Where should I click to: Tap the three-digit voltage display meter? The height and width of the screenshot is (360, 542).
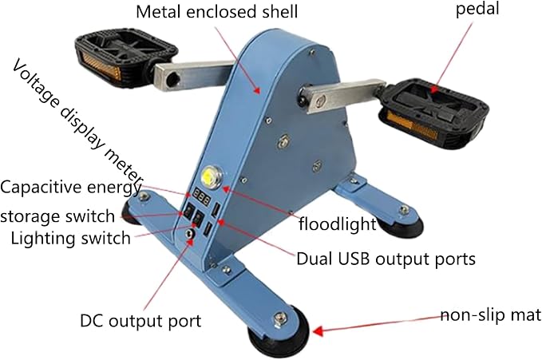tap(201, 197)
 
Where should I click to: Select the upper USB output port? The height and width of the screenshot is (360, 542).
tap(216, 210)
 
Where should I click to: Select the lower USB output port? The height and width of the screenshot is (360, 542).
tap(208, 228)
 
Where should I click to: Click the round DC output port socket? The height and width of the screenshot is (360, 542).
tap(189, 234)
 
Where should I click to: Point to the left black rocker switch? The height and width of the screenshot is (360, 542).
tap(188, 211)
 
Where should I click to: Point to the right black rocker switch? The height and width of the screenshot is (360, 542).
tap(198, 218)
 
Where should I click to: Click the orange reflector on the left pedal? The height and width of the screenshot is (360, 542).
tap(102, 65)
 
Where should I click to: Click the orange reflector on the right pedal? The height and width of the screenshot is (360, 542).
tap(409, 125)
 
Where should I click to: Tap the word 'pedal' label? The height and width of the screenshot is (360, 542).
tap(477, 8)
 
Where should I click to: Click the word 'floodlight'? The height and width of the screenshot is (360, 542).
tap(337, 224)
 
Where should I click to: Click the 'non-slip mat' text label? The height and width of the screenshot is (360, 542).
tap(490, 315)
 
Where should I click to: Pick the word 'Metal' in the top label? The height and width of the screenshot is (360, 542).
tap(159, 12)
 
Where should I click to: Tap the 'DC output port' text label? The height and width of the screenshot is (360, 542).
tap(140, 321)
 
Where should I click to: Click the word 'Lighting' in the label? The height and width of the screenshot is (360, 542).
tap(43, 239)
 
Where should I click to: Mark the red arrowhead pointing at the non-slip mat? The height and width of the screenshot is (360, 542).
tap(318, 331)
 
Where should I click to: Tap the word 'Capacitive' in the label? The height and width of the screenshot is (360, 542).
tap(41, 188)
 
